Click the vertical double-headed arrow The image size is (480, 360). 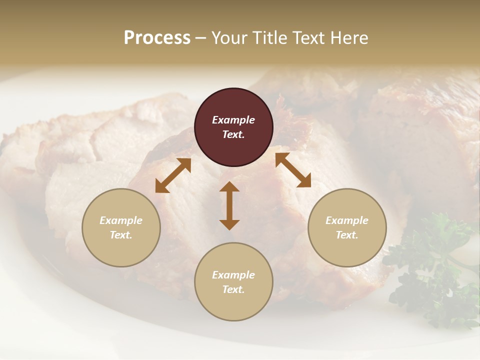point(229,205)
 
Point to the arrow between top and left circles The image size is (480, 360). point(173,175)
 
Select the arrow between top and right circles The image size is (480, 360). point(293,170)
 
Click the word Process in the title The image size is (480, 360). point(157,38)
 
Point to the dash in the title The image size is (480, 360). point(200,38)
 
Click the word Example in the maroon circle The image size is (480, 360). point(233,120)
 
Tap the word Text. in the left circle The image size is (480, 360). point(121,235)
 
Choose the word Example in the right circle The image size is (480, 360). point(347,220)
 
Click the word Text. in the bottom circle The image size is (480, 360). point(233,289)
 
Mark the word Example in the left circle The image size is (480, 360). point(121,220)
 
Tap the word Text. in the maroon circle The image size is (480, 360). point(233,134)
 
